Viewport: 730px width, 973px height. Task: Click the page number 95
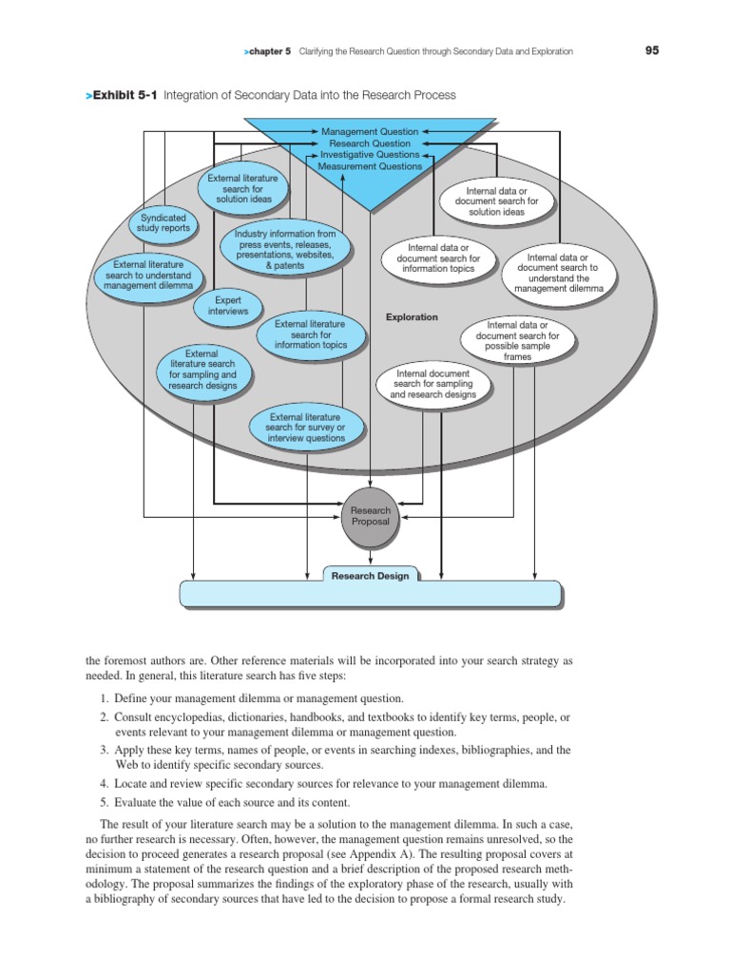[652, 50]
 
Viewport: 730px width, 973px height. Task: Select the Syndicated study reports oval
[163, 223]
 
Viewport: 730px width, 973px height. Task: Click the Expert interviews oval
[227, 305]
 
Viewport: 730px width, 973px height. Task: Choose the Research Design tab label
[371, 575]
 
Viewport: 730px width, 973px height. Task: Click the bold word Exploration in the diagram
[412, 317]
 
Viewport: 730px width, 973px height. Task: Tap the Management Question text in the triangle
[370, 130]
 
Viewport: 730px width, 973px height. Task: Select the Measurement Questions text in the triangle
[370, 166]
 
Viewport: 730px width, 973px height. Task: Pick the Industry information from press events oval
[286, 250]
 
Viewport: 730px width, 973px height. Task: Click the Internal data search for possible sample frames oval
[517, 341]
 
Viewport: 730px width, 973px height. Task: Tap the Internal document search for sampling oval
[432, 384]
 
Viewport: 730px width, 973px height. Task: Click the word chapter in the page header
[270, 51]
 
